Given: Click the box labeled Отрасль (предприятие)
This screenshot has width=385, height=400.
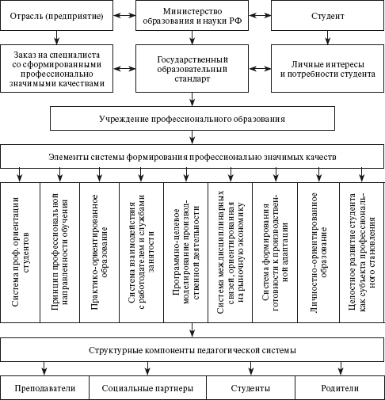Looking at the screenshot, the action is (x=57, y=16).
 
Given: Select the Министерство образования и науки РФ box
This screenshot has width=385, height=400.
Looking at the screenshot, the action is (x=192, y=16).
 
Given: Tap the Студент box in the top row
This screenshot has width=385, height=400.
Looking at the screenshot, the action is (x=327, y=16).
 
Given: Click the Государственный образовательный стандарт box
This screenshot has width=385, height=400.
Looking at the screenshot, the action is (x=192, y=68).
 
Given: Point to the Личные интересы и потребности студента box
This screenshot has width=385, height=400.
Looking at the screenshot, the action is (x=327, y=68).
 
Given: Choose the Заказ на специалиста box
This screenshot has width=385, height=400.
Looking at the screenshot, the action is (x=57, y=68).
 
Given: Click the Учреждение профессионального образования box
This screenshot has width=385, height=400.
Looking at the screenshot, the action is (x=192, y=119).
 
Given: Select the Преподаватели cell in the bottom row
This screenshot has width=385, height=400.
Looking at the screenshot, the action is (x=44, y=387).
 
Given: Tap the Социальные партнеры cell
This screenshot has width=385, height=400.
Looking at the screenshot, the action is (x=147, y=387).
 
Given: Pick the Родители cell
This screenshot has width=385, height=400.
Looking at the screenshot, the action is (x=340, y=387).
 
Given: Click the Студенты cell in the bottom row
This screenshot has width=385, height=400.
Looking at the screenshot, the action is (x=250, y=387).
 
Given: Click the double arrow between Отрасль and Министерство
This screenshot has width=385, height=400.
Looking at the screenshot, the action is (x=124, y=16).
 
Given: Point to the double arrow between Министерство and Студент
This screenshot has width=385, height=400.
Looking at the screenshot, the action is (x=260, y=16).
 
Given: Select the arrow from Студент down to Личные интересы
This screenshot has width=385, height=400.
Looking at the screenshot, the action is (x=327, y=37).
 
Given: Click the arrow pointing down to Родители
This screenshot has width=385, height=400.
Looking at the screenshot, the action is (x=341, y=368).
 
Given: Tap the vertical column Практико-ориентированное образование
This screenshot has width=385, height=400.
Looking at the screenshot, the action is (x=99, y=252).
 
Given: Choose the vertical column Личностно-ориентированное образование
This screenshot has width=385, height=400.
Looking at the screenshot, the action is (x=318, y=252).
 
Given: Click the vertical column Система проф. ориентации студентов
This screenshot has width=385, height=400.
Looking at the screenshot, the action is (x=21, y=252).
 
